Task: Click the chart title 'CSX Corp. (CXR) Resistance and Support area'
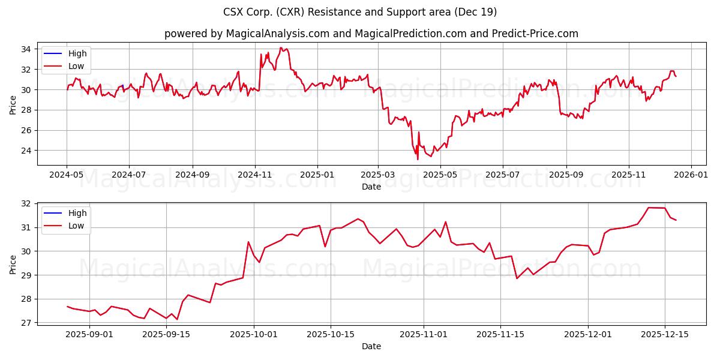pyautogui.click(x=360, y=12)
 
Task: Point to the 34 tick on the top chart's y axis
pyautogui.click(x=27, y=49)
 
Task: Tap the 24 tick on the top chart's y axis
pyautogui.click(x=27, y=151)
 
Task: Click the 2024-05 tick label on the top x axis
pyautogui.click(x=67, y=175)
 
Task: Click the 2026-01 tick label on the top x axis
pyautogui.click(x=691, y=175)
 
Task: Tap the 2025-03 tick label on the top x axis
pyautogui.click(x=378, y=175)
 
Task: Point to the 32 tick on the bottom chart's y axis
pyautogui.click(x=27, y=203)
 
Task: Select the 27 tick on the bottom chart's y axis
pyautogui.click(x=27, y=323)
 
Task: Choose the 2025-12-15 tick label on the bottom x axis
pyautogui.click(x=664, y=335)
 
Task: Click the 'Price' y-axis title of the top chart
pyautogui.click(x=13, y=104)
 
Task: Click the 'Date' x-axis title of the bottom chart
pyautogui.click(x=371, y=346)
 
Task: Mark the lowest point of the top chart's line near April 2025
pyautogui.click(x=418, y=159)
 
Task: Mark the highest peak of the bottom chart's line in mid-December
pyautogui.click(x=649, y=208)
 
